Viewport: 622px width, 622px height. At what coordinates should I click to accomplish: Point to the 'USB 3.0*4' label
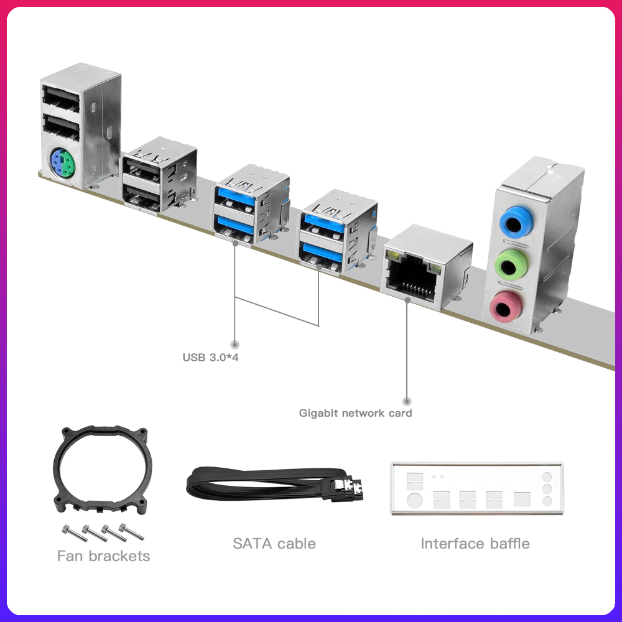tap(210, 358)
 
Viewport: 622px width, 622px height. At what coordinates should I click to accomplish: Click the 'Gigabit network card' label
tap(355, 412)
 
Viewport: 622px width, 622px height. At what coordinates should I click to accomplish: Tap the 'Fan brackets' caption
tap(103, 555)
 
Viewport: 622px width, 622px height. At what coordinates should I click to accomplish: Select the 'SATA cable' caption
tap(274, 543)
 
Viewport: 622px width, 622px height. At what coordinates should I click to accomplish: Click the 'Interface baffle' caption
tap(475, 543)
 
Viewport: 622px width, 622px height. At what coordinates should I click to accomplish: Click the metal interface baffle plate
tap(476, 489)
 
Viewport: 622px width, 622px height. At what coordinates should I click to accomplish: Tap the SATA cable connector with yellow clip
tap(350, 489)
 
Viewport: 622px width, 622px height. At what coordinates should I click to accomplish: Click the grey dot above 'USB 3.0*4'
tap(235, 344)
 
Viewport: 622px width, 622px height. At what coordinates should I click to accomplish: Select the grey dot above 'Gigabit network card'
tap(407, 401)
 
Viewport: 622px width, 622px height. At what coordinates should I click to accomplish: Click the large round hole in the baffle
tap(413, 499)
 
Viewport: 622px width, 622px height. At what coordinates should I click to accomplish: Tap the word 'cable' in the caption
tap(295, 543)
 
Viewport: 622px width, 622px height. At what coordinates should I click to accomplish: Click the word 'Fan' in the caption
tap(70, 555)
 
